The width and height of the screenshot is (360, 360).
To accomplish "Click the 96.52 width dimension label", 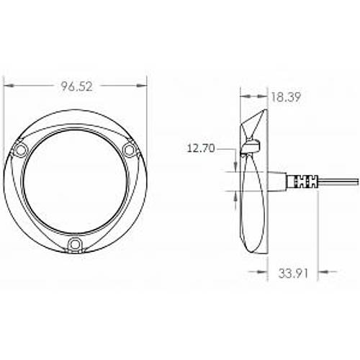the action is pos(76,86).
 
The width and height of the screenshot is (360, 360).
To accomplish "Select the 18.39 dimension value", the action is pos(286,97).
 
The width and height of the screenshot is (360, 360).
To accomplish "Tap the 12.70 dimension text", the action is pos(201,148).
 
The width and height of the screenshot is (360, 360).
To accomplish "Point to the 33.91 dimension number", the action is pos(293,273).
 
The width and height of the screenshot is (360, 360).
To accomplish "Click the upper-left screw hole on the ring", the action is pos(20,150).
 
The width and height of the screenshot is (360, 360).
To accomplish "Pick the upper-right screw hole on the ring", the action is pos(129,150).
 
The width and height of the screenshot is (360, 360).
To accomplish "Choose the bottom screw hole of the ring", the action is pos(74,244).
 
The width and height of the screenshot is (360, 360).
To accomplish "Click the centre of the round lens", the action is pos(75,181).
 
